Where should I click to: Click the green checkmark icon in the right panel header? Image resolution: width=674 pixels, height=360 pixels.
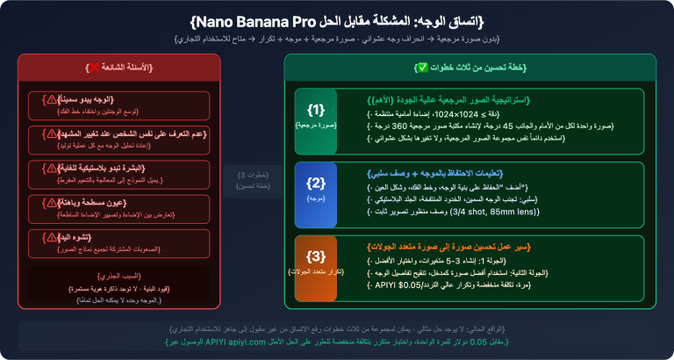[x=422, y=68]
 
